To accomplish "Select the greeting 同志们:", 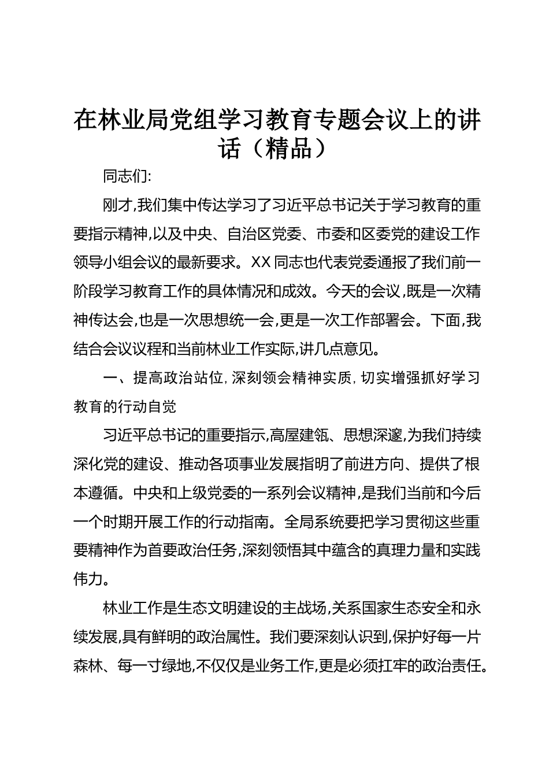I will [x=127, y=176].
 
